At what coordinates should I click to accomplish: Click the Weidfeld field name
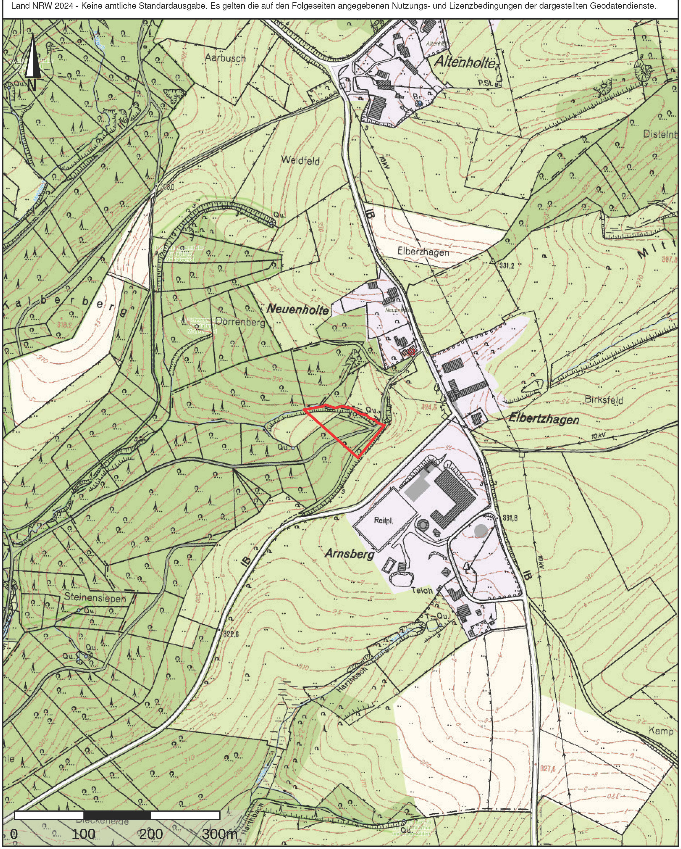(301, 160)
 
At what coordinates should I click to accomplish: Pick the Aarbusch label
(225, 58)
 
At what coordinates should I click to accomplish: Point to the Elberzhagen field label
(423, 252)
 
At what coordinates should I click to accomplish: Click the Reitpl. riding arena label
(384, 520)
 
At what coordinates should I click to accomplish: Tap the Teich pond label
(422, 590)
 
